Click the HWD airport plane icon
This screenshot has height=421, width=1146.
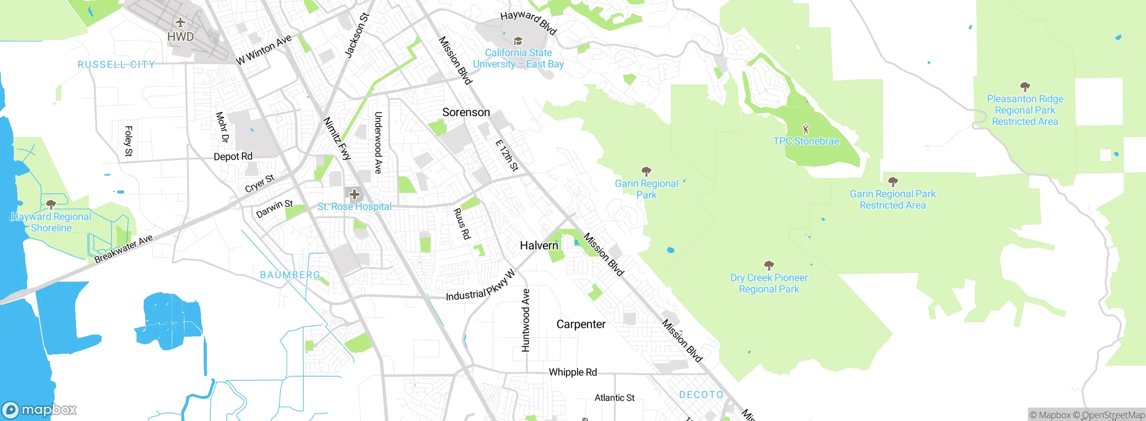click(180, 22)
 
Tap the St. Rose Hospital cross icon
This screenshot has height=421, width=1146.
click(355, 194)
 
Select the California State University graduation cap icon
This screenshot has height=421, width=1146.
click(518, 41)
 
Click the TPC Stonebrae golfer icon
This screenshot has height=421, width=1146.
click(806, 129)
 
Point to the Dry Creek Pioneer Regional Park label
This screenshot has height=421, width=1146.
click(769, 284)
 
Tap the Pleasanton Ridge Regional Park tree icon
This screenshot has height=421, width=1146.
click(1025, 86)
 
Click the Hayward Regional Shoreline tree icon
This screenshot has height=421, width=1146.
click(51, 205)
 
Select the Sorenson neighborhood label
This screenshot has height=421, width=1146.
click(466, 112)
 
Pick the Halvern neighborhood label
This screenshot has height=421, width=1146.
click(539, 245)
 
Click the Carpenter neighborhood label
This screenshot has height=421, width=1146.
click(581, 324)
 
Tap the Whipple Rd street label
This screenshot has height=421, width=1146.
click(573, 372)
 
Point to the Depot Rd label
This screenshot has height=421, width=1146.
click(233, 157)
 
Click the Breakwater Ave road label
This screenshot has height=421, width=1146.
click(124, 249)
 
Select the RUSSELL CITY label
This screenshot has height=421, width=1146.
click(116, 64)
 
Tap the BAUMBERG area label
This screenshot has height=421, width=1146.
click(290, 275)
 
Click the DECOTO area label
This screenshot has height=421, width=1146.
click(701, 395)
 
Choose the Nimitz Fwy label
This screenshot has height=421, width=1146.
click(337, 138)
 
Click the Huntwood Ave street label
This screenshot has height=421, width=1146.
click(526, 320)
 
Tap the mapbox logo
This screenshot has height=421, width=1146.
click(39, 410)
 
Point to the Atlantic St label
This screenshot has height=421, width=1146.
click(614, 398)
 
